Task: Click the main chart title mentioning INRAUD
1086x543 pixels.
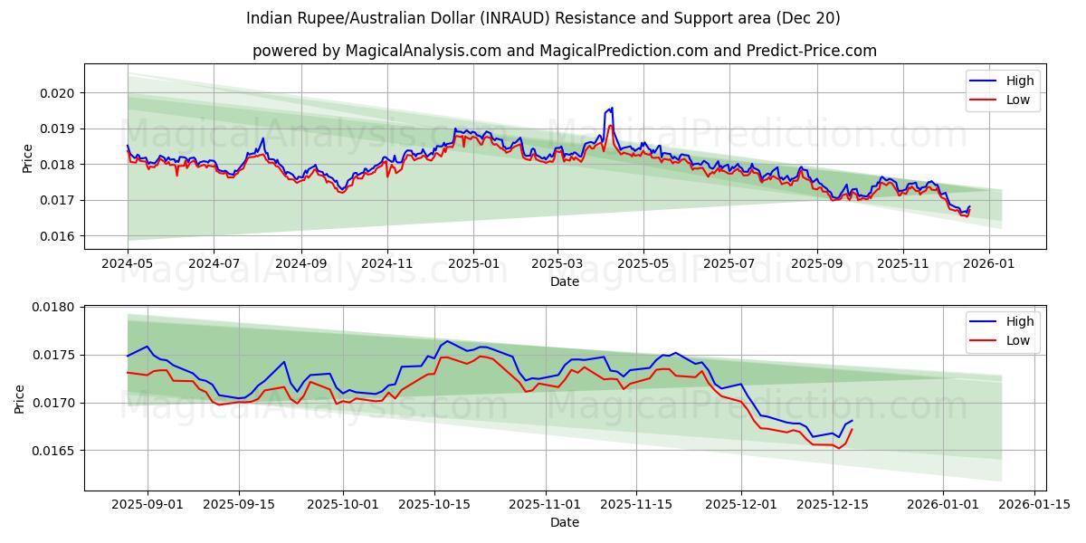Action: (x=543, y=18)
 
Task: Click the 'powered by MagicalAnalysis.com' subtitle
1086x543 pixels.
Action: (x=565, y=51)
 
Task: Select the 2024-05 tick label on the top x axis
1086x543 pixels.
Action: (x=128, y=263)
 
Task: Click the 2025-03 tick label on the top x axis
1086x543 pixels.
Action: (x=557, y=263)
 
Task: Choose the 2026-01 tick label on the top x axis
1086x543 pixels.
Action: (x=988, y=263)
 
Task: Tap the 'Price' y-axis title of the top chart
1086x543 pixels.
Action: (x=28, y=158)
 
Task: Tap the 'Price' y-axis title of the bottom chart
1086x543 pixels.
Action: (x=20, y=399)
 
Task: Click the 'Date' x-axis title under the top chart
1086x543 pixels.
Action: (x=565, y=281)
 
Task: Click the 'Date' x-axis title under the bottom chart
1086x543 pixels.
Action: (x=565, y=522)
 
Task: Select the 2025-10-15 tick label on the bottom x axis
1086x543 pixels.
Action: (x=434, y=504)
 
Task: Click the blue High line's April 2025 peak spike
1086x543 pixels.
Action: (x=612, y=109)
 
